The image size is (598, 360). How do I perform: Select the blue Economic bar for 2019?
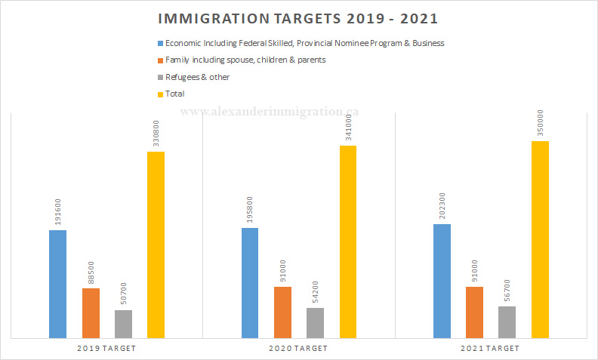tap(57, 284)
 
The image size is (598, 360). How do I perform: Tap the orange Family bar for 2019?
tap(91, 312)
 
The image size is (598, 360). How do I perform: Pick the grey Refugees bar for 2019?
tap(123, 324)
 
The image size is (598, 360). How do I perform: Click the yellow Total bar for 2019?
tap(156, 245)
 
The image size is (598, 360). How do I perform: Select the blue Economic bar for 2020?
tap(250, 282)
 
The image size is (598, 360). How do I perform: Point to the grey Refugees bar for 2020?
tap(315, 322)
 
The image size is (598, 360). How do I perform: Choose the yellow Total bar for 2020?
tap(348, 242)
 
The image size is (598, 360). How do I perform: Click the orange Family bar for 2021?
tap(475, 312)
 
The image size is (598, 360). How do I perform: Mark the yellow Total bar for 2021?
tap(540, 239)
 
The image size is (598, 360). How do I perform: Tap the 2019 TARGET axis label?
tap(106, 348)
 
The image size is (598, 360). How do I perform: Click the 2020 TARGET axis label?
tap(298, 348)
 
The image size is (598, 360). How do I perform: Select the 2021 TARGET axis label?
tap(490, 348)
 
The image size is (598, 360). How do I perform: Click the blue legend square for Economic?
tap(160, 44)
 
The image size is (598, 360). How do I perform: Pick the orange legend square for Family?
tap(160, 60)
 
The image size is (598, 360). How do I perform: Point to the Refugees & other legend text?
tap(198, 77)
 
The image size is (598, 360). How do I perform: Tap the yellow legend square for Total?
tap(160, 94)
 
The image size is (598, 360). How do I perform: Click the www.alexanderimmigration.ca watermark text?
tap(270, 111)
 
